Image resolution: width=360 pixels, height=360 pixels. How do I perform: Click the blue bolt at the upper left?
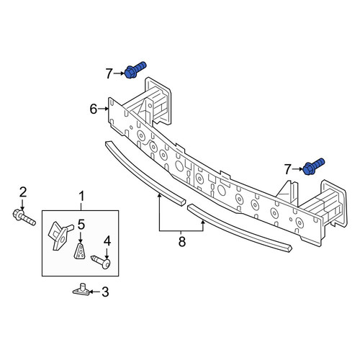(135, 70)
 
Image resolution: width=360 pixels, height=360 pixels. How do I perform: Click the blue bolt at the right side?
(314, 166)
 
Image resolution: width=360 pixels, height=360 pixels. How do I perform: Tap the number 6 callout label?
(94, 109)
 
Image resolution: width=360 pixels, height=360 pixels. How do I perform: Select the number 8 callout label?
(182, 241)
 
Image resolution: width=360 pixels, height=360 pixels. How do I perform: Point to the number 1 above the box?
(82, 196)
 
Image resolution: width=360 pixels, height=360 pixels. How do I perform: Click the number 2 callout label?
(23, 192)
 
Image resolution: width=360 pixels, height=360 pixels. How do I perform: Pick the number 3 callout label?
(105, 292)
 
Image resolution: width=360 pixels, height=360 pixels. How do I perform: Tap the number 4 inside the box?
(107, 241)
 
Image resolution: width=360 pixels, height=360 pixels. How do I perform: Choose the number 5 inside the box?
(81, 225)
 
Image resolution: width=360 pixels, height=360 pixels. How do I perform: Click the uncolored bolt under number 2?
(24, 217)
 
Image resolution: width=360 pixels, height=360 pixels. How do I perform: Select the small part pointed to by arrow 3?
(81, 289)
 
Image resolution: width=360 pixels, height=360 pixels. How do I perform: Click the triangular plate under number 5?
(79, 251)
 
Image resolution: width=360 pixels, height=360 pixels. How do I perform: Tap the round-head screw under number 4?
(101, 262)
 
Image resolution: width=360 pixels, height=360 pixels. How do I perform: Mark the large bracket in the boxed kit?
(60, 235)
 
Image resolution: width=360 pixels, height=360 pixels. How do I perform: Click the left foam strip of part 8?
(145, 172)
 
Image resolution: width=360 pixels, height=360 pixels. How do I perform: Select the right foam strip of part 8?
(240, 228)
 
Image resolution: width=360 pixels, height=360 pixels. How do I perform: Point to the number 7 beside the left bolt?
(109, 73)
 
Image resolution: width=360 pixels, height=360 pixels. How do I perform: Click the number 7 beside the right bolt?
(287, 169)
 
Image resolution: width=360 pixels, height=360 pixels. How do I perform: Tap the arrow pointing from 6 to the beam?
(103, 109)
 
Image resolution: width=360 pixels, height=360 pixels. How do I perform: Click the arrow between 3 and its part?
(95, 292)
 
